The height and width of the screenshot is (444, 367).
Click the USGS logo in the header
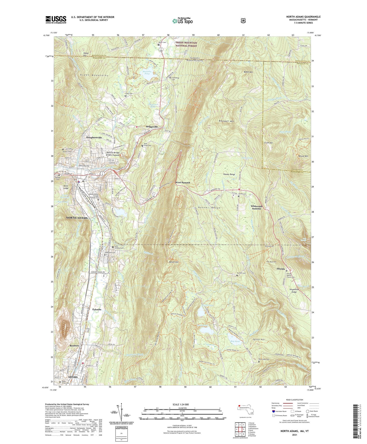pos(56,19)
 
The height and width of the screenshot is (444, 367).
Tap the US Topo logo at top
pos(182,21)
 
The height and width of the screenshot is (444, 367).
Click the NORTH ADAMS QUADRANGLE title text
pos(303,17)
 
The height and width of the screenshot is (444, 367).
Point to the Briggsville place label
pos(152,127)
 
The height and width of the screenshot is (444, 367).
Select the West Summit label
pos(182,183)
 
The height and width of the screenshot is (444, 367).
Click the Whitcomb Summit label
pos(256,207)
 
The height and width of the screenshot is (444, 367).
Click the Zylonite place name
pos(97,309)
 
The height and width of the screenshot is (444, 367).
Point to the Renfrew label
pos(74,346)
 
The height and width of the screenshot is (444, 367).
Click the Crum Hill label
pos(268,143)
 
